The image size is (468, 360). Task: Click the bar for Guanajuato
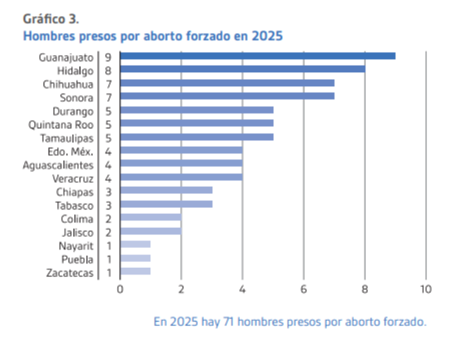[x=257, y=56]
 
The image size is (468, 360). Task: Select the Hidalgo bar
[x=242, y=69]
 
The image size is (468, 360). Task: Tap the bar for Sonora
[x=227, y=97]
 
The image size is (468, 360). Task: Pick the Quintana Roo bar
[x=196, y=124]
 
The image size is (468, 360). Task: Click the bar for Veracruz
[x=181, y=178]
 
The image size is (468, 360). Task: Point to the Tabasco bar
[x=166, y=204]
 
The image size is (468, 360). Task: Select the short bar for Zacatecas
[x=135, y=271]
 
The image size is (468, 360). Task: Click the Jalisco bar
[x=150, y=232]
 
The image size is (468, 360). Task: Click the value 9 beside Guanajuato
[x=108, y=57]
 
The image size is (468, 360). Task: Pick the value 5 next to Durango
[x=108, y=111]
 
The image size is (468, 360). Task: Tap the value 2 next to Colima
[x=108, y=218]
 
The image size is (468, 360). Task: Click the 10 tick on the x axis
[x=425, y=289]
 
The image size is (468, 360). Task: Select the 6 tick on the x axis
[x=303, y=289]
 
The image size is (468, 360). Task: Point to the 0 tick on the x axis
[x=120, y=289]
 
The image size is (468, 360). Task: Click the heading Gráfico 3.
[x=51, y=18]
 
